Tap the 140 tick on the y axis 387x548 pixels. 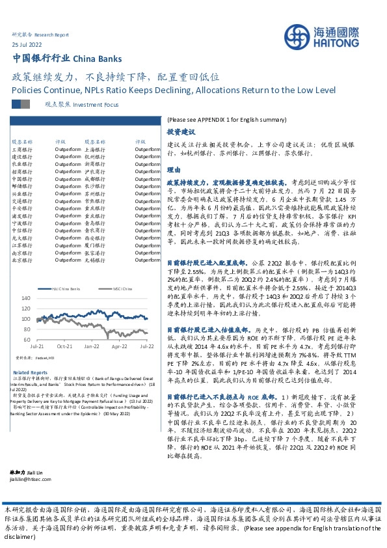(x=25, y=297)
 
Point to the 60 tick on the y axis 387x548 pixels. (x=27, y=340)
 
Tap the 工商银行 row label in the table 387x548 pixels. (x=21, y=149)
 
